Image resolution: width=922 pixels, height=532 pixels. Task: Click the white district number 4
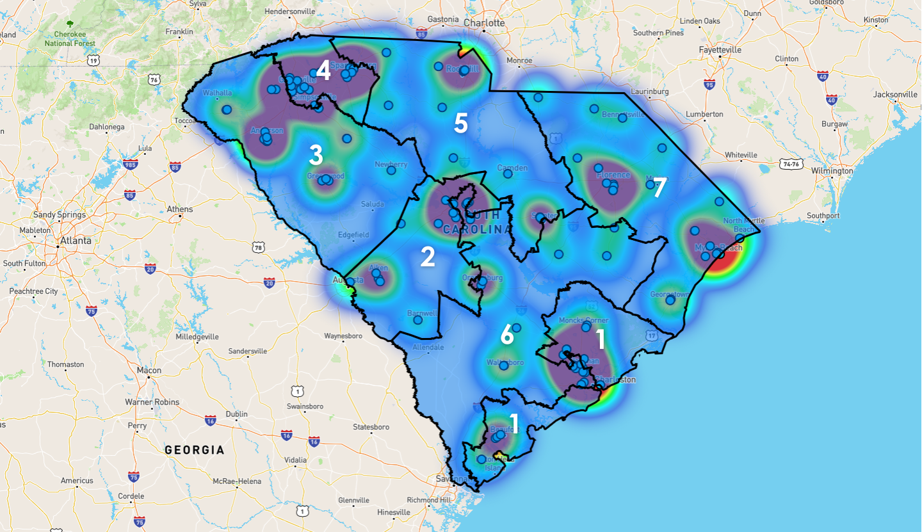[323, 71]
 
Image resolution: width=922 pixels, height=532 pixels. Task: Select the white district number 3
[316, 155]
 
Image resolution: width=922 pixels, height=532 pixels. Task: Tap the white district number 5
[460, 123]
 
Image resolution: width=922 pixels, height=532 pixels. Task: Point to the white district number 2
[428, 257]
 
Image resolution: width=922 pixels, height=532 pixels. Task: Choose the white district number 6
[506, 334]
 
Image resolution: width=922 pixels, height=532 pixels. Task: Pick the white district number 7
[659, 188]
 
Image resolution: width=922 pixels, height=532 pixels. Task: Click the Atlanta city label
[75, 241]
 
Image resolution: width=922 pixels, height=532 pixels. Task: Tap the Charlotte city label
[484, 23]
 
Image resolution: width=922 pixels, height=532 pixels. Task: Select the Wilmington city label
[831, 171]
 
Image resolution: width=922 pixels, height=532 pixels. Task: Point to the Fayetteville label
[720, 49]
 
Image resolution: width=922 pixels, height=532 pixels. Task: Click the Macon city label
[149, 370]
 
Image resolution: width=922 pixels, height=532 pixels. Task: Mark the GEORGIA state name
[195, 450]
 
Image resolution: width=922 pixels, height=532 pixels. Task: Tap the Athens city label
[179, 209]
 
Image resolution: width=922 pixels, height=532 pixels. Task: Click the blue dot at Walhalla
[226, 109]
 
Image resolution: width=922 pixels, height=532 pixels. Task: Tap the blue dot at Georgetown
[670, 300]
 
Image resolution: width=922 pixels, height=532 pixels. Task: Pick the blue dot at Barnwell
[417, 319]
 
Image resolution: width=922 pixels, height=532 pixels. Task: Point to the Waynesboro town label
[343, 335]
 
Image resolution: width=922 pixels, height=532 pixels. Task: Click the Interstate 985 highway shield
[130, 165]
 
